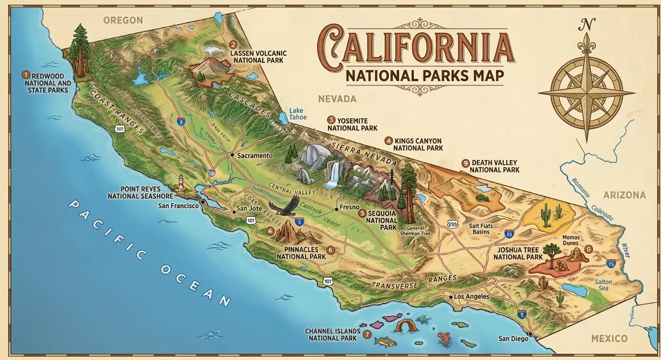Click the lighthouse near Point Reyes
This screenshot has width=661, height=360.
[x=181, y=183]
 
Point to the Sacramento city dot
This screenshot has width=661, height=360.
[x=232, y=155]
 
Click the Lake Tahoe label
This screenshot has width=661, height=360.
[x=296, y=114]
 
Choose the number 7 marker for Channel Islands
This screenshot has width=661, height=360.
[x=367, y=335]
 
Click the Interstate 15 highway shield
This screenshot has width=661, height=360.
[x=611, y=263]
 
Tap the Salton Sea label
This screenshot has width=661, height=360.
[x=603, y=285]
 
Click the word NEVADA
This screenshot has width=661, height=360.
[x=338, y=99]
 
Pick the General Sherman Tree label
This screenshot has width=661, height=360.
[x=418, y=230]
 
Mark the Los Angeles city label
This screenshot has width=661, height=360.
[x=471, y=297]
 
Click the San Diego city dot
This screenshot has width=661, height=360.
[x=530, y=334]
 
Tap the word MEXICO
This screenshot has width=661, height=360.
[x=609, y=338]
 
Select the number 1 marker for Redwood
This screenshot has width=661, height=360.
[x=26, y=75]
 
